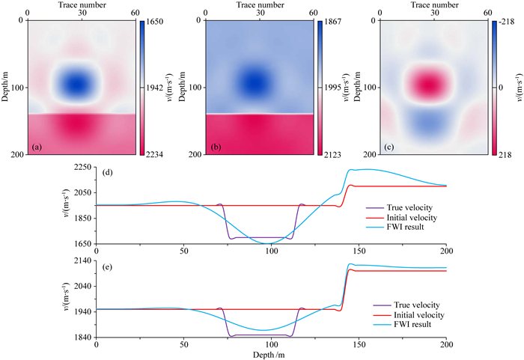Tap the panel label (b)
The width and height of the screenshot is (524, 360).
click(195, 146)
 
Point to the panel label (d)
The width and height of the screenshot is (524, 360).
click(109, 174)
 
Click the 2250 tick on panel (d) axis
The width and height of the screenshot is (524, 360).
click(82, 168)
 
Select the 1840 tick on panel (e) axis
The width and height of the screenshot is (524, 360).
click(82, 338)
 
